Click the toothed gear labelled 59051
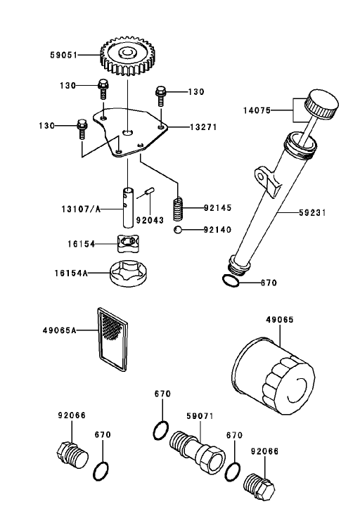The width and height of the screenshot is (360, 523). (128, 57)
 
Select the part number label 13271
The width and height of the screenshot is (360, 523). (203, 127)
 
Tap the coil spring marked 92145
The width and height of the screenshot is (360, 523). (179, 209)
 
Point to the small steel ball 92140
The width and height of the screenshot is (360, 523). (178, 229)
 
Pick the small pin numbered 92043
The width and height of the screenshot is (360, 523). (149, 192)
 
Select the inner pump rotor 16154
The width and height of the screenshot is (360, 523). (127, 243)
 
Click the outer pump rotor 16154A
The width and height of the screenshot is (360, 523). (128, 273)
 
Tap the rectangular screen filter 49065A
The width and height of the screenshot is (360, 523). (112, 340)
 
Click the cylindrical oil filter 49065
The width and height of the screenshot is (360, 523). (274, 376)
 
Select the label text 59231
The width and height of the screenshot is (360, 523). (312, 212)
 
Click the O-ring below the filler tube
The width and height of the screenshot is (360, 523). (231, 280)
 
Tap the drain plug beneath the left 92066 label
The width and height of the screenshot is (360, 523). (72, 455)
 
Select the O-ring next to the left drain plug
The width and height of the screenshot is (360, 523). (101, 471)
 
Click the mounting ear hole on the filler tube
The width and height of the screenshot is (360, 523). (261, 176)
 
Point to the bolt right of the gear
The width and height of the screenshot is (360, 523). (160, 96)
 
